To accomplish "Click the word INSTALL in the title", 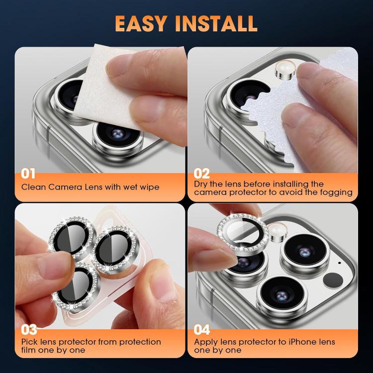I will coord(223,23).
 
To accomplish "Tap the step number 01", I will coord(29,174).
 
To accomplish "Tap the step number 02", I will coord(202,174).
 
